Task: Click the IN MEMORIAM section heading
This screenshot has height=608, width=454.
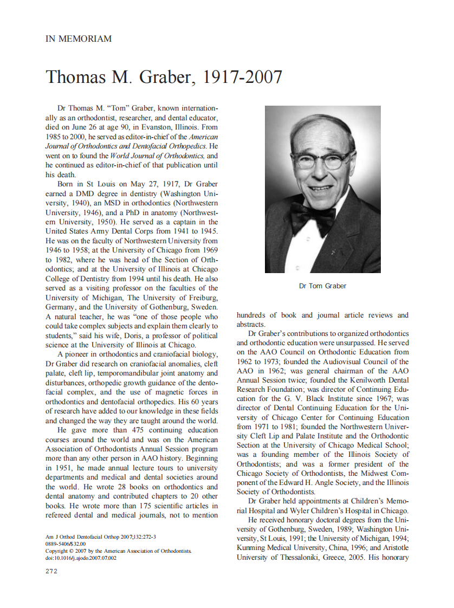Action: pyautogui.click(x=79, y=39)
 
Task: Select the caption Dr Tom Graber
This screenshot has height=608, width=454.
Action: pyautogui.click(x=322, y=286)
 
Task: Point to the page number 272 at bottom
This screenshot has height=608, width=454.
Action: pyautogui.click(x=51, y=571)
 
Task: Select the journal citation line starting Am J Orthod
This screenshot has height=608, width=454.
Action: pyautogui.click(x=101, y=537)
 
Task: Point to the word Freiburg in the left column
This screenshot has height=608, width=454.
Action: pyautogui.click(x=202, y=297)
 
